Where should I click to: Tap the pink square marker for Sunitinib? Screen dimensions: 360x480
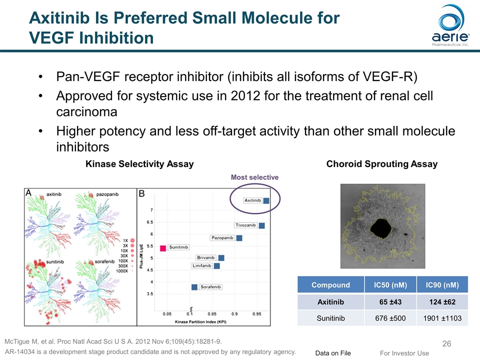(x=163, y=248)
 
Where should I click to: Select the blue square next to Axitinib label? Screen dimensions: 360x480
(x=266, y=200)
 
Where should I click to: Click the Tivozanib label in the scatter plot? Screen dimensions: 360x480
(x=245, y=225)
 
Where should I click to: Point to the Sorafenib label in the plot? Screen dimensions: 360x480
(x=210, y=287)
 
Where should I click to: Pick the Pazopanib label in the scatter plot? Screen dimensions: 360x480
(x=222, y=238)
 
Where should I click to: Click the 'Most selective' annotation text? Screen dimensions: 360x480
(x=254, y=177)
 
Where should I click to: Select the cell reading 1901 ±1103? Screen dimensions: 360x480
(x=442, y=318)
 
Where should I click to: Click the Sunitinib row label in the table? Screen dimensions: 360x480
(x=330, y=318)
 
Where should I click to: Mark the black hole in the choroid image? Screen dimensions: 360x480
(x=381, y=228)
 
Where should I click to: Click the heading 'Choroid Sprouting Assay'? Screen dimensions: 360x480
(x=381, y=164)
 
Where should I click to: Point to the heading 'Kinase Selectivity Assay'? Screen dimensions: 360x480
(x=139, y=164)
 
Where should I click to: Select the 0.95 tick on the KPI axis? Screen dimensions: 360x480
(x=257, y=314)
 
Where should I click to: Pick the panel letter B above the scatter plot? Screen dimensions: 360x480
(x=141, y=193)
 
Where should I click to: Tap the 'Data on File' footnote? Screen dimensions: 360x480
(x=333, y=353)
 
